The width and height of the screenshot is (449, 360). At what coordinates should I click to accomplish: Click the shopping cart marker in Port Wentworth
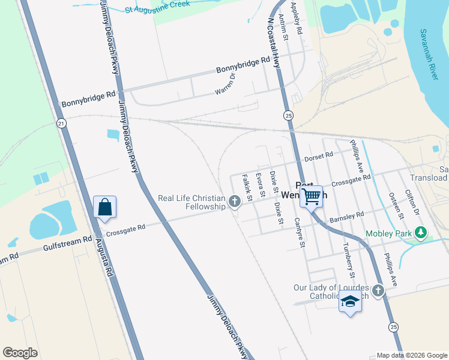click(311, 196)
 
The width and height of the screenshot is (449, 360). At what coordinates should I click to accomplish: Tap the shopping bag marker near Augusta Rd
click(104, 207)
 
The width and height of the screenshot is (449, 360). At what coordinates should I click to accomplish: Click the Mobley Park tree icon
click(421, 232)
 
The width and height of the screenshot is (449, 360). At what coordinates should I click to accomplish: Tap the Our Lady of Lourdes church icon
click(378, 291)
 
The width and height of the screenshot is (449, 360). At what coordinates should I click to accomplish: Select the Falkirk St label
click(246, 188)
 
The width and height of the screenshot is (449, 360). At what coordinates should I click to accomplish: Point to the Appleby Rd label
click(296, 17)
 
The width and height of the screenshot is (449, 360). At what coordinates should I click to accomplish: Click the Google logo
click(20, 353)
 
